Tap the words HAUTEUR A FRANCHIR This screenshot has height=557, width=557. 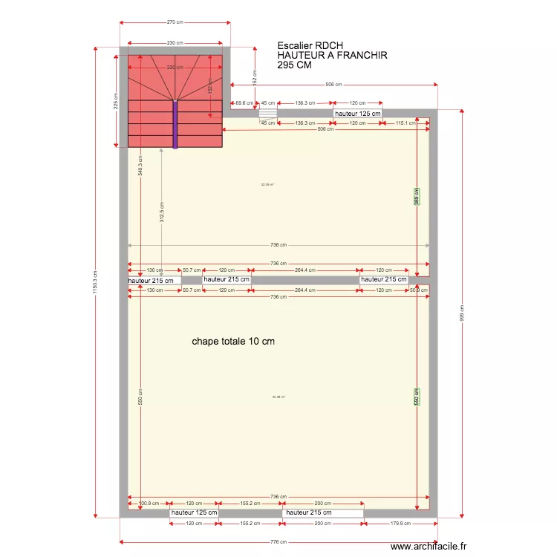tap(332, 55)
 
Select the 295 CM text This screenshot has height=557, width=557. tap(294, 65)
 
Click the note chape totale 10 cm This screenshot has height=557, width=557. tap(233, 342)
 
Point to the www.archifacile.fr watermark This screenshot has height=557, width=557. tap(429, 546)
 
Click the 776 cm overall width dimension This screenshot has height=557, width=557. tap(278, 542)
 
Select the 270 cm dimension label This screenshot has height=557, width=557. tap(175, 22)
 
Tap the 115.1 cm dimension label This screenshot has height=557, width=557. tap(405, 123)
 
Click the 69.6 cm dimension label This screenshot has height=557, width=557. tap(242, 103)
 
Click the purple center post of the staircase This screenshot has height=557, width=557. tap(175, 125)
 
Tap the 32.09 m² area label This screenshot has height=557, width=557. tap(267, 185)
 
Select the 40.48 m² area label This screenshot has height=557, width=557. tap(278, 397)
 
